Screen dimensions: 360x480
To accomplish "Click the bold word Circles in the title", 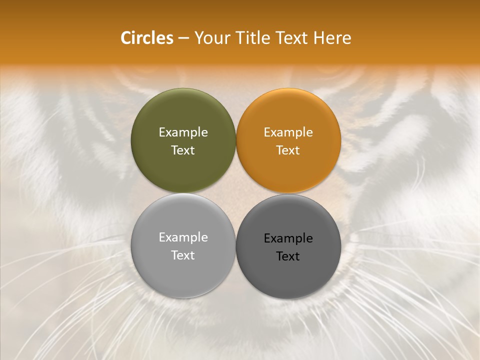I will coord(147,38).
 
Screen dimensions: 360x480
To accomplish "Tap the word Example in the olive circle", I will coord(183,132).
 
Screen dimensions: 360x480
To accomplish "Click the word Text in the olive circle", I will coord(183,150).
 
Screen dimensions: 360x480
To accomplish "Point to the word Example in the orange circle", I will coord(288,132).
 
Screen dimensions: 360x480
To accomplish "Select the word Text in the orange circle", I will coord(288,150).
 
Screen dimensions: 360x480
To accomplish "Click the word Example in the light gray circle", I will coord(183,237).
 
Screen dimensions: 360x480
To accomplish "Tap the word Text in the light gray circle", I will coord(183,255).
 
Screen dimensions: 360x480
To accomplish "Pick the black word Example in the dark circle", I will coord(288,238).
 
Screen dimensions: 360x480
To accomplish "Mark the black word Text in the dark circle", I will coord(288,256).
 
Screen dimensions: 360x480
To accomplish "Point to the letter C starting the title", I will coord(126,38).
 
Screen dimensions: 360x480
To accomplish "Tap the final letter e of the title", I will coord(347,39).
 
